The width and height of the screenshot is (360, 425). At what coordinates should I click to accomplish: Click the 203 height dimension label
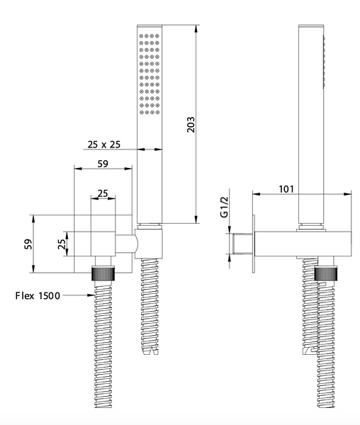191,125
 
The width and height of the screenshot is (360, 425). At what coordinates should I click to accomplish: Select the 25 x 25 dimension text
104,144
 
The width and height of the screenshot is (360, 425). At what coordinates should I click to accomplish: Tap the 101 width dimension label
286,189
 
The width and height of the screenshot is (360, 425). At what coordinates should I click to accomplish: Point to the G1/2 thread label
225,207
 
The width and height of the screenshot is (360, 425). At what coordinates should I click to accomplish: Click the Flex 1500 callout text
38,295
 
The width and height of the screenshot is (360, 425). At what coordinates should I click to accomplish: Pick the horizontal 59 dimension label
103,164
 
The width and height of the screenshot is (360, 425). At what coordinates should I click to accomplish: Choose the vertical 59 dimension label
28,244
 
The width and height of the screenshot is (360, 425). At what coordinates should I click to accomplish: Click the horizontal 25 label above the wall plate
103,193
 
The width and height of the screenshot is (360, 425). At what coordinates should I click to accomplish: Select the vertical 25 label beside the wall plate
62,244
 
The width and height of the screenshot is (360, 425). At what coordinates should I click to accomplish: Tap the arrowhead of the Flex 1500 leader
91,295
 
